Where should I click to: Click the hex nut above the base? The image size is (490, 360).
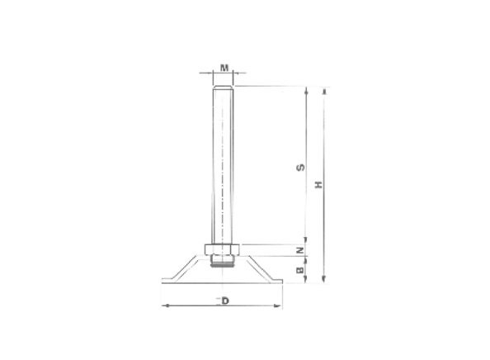click(x=223, y=249)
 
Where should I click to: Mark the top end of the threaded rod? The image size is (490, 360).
click(x=223, y=87)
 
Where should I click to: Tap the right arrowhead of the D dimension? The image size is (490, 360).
click(x=280, y=306)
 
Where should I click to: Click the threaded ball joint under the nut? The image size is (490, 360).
click(x=223, y=263)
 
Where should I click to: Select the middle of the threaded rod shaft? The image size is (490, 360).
click(x=223, y=165)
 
